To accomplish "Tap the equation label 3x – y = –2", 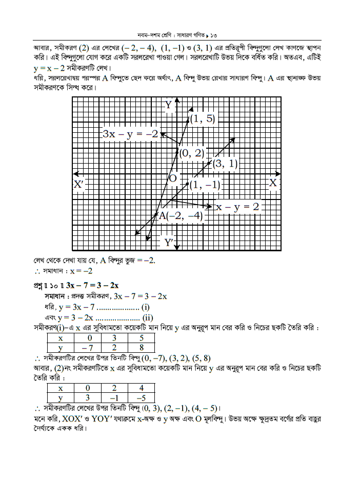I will coord(130,134).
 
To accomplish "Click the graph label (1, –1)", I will coord(205,185).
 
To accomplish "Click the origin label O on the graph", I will coord(173,178).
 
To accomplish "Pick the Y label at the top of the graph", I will coord(168,105).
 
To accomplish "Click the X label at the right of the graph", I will coord(273,183).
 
